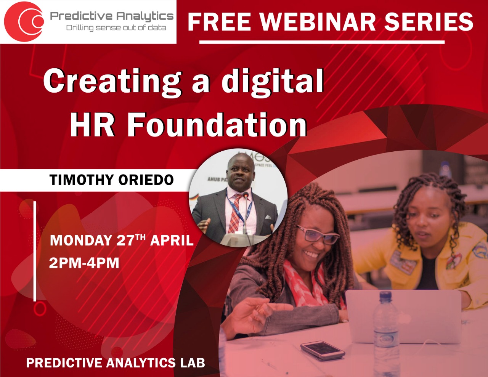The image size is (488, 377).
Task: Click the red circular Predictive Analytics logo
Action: click(24, 21)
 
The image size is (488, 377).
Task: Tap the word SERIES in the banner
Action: click(429, 22)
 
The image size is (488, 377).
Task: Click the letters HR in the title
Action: click(92, 125)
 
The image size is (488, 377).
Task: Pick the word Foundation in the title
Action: click(217, 125)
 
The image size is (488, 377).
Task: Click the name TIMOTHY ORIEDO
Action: click(111, 180)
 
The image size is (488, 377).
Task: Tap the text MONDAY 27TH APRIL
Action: click(122, 240)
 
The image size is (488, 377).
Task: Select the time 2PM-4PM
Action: click(84, 263)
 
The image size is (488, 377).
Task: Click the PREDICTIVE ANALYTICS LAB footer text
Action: click(116, 363)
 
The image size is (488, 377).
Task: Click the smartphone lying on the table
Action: click(322, 350)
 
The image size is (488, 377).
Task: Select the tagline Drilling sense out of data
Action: click(116, 28)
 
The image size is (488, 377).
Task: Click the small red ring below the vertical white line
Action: click(39, 308)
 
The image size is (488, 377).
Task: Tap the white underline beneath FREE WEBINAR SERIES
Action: click(322, 42)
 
